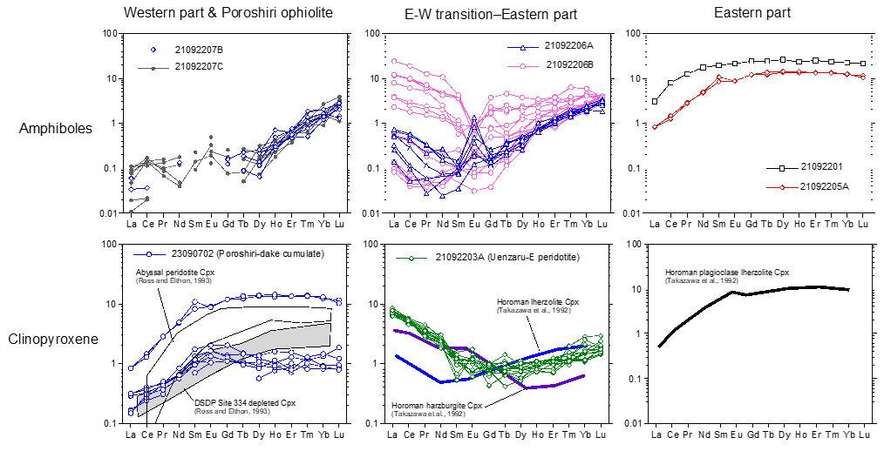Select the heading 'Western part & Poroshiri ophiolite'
(231, 13)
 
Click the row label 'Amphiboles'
(56, 129)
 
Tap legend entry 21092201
(826, 166)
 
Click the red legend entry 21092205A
(830, 185)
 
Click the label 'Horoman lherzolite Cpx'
(547, 302)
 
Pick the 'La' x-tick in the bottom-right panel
(659, 434)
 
